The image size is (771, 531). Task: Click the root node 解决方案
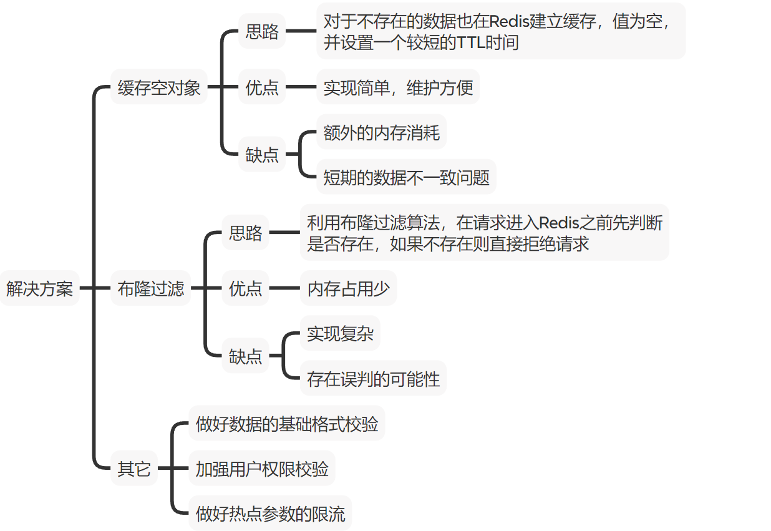tap(39, 288)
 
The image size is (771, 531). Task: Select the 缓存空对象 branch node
tap(159, 87)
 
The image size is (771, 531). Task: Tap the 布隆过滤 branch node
tap(151, 288)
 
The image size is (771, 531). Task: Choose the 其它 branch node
tap(134, 469)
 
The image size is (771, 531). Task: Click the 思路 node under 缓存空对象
tap(262, 32)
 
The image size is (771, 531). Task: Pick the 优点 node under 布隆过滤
tap(246, 288)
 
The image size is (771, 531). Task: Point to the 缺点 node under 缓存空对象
tap(262, 154)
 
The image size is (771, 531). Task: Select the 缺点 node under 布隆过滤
tap(246, 356)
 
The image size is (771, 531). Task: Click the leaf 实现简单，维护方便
tap(398, 87)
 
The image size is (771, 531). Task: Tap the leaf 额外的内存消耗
tap(381, 132)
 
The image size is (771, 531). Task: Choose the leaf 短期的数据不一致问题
tap(406, 178)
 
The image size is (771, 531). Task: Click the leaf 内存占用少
tap(348, 288)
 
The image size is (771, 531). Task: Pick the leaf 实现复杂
tap(340, 334)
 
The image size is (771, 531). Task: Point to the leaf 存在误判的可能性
tap(373, 379)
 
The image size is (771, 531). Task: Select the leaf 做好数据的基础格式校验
tap(287, 424)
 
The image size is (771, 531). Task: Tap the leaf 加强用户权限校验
tap(262, 469)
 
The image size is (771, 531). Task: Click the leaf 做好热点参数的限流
tap(270, 514)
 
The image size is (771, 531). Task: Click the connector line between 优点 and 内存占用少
tap(284, 288)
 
